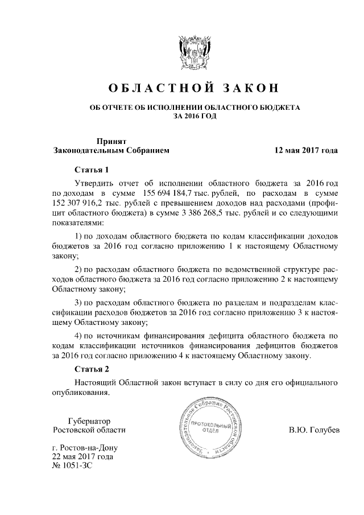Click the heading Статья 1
91,170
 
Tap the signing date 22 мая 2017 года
82,456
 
